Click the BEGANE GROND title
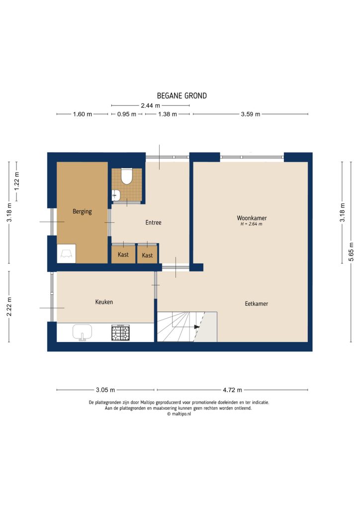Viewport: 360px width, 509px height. click(x=181, y=96)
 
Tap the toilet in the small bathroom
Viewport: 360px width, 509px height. click(x=126, y=176)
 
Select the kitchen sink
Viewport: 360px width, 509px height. click(x=83, y=332)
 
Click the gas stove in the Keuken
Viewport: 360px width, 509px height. click(x=120, y=333)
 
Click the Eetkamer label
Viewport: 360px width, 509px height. click(x=256, y=304)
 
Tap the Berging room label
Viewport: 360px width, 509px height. click(x=82, y=211)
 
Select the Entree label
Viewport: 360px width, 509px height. click(x=153, y=223)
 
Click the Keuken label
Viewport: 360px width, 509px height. click(x=104, y=302)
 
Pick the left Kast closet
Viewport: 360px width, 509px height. click(x=123, y=254)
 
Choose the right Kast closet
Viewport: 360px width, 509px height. click(x=148, y=255)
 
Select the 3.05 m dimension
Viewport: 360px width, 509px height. click(x=105, y=390)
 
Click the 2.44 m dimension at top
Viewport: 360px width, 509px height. click(x=150, y=105)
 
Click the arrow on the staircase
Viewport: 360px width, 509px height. click(x=196, y=327)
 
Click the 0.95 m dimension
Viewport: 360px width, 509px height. click(x=126, y=114)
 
